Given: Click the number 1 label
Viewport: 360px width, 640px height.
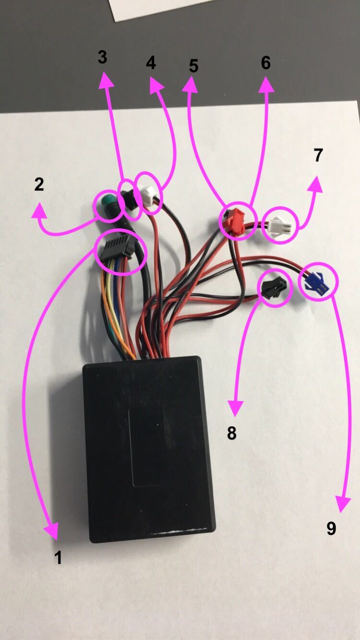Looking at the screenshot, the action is coord(58,557).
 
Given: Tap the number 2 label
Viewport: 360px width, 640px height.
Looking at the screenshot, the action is coord(39,184).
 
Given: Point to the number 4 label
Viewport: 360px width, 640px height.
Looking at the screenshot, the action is coord(151,62).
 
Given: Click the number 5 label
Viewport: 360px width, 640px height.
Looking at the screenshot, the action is coord(193,66).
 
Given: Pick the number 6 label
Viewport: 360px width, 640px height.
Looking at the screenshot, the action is coord(265,62).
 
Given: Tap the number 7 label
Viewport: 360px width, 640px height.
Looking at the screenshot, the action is coord(318,155).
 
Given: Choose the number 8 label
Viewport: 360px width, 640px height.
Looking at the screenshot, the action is coord(232,433).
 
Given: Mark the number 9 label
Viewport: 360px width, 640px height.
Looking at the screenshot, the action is coord(331,528).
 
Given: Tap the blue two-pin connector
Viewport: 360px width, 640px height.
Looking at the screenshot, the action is coord(314,282).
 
